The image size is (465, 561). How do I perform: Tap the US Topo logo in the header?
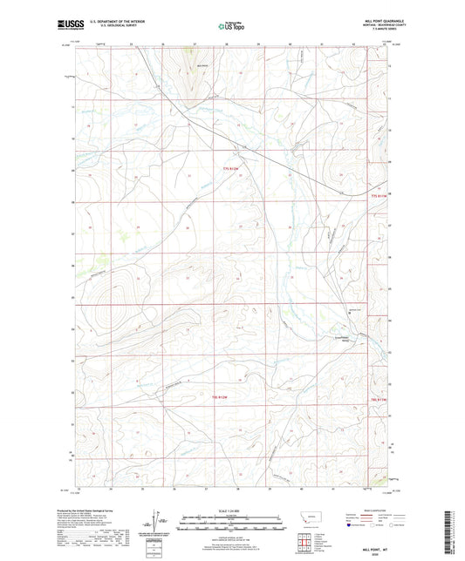pyautogui.click(x=230, y=26)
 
